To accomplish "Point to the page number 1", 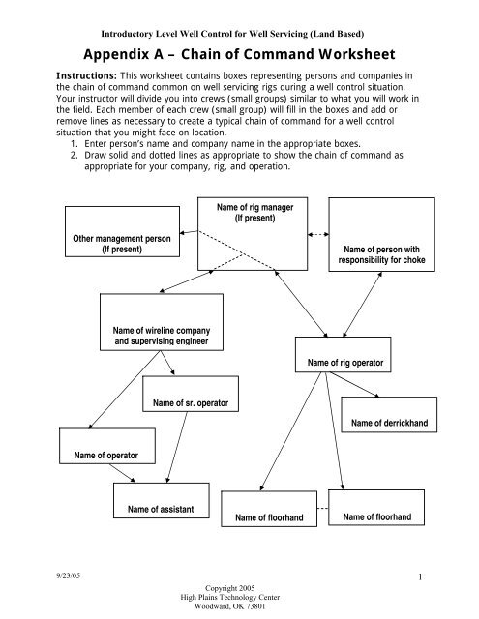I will pyautogui.click(x=423, y=577).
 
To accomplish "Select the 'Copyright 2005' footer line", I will pyautogui.click(x=238, y=587).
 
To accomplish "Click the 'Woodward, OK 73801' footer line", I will pyautogui.click(x=238, y=606).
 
